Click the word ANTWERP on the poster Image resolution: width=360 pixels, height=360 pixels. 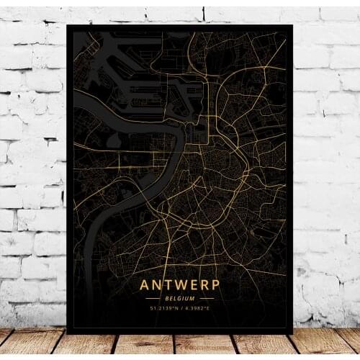pyautogui.click(x=180, y=286)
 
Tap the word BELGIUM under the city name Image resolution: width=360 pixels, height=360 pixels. pyautogui.click(x=180, y=298)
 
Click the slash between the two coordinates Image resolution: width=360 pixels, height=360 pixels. pyautogui.click(x=181, y=308)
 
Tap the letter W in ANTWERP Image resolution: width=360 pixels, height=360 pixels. pyautogui.click(x=179, y=286)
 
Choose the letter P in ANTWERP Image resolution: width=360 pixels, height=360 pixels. pyautogui.click(x=215, y=286)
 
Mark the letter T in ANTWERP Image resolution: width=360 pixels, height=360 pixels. pyautogui.click(x=168, y=286)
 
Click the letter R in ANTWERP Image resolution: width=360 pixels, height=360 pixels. pyautogui.click(x=204, y=286)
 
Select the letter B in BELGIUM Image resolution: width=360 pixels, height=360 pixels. pyautogui.click(x=168, y=298)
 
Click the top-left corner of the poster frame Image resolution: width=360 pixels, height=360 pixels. pyautogui.click(x=68, y=25)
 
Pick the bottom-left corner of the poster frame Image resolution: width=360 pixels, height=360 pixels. pyautogui.click(x=67, y=333)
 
